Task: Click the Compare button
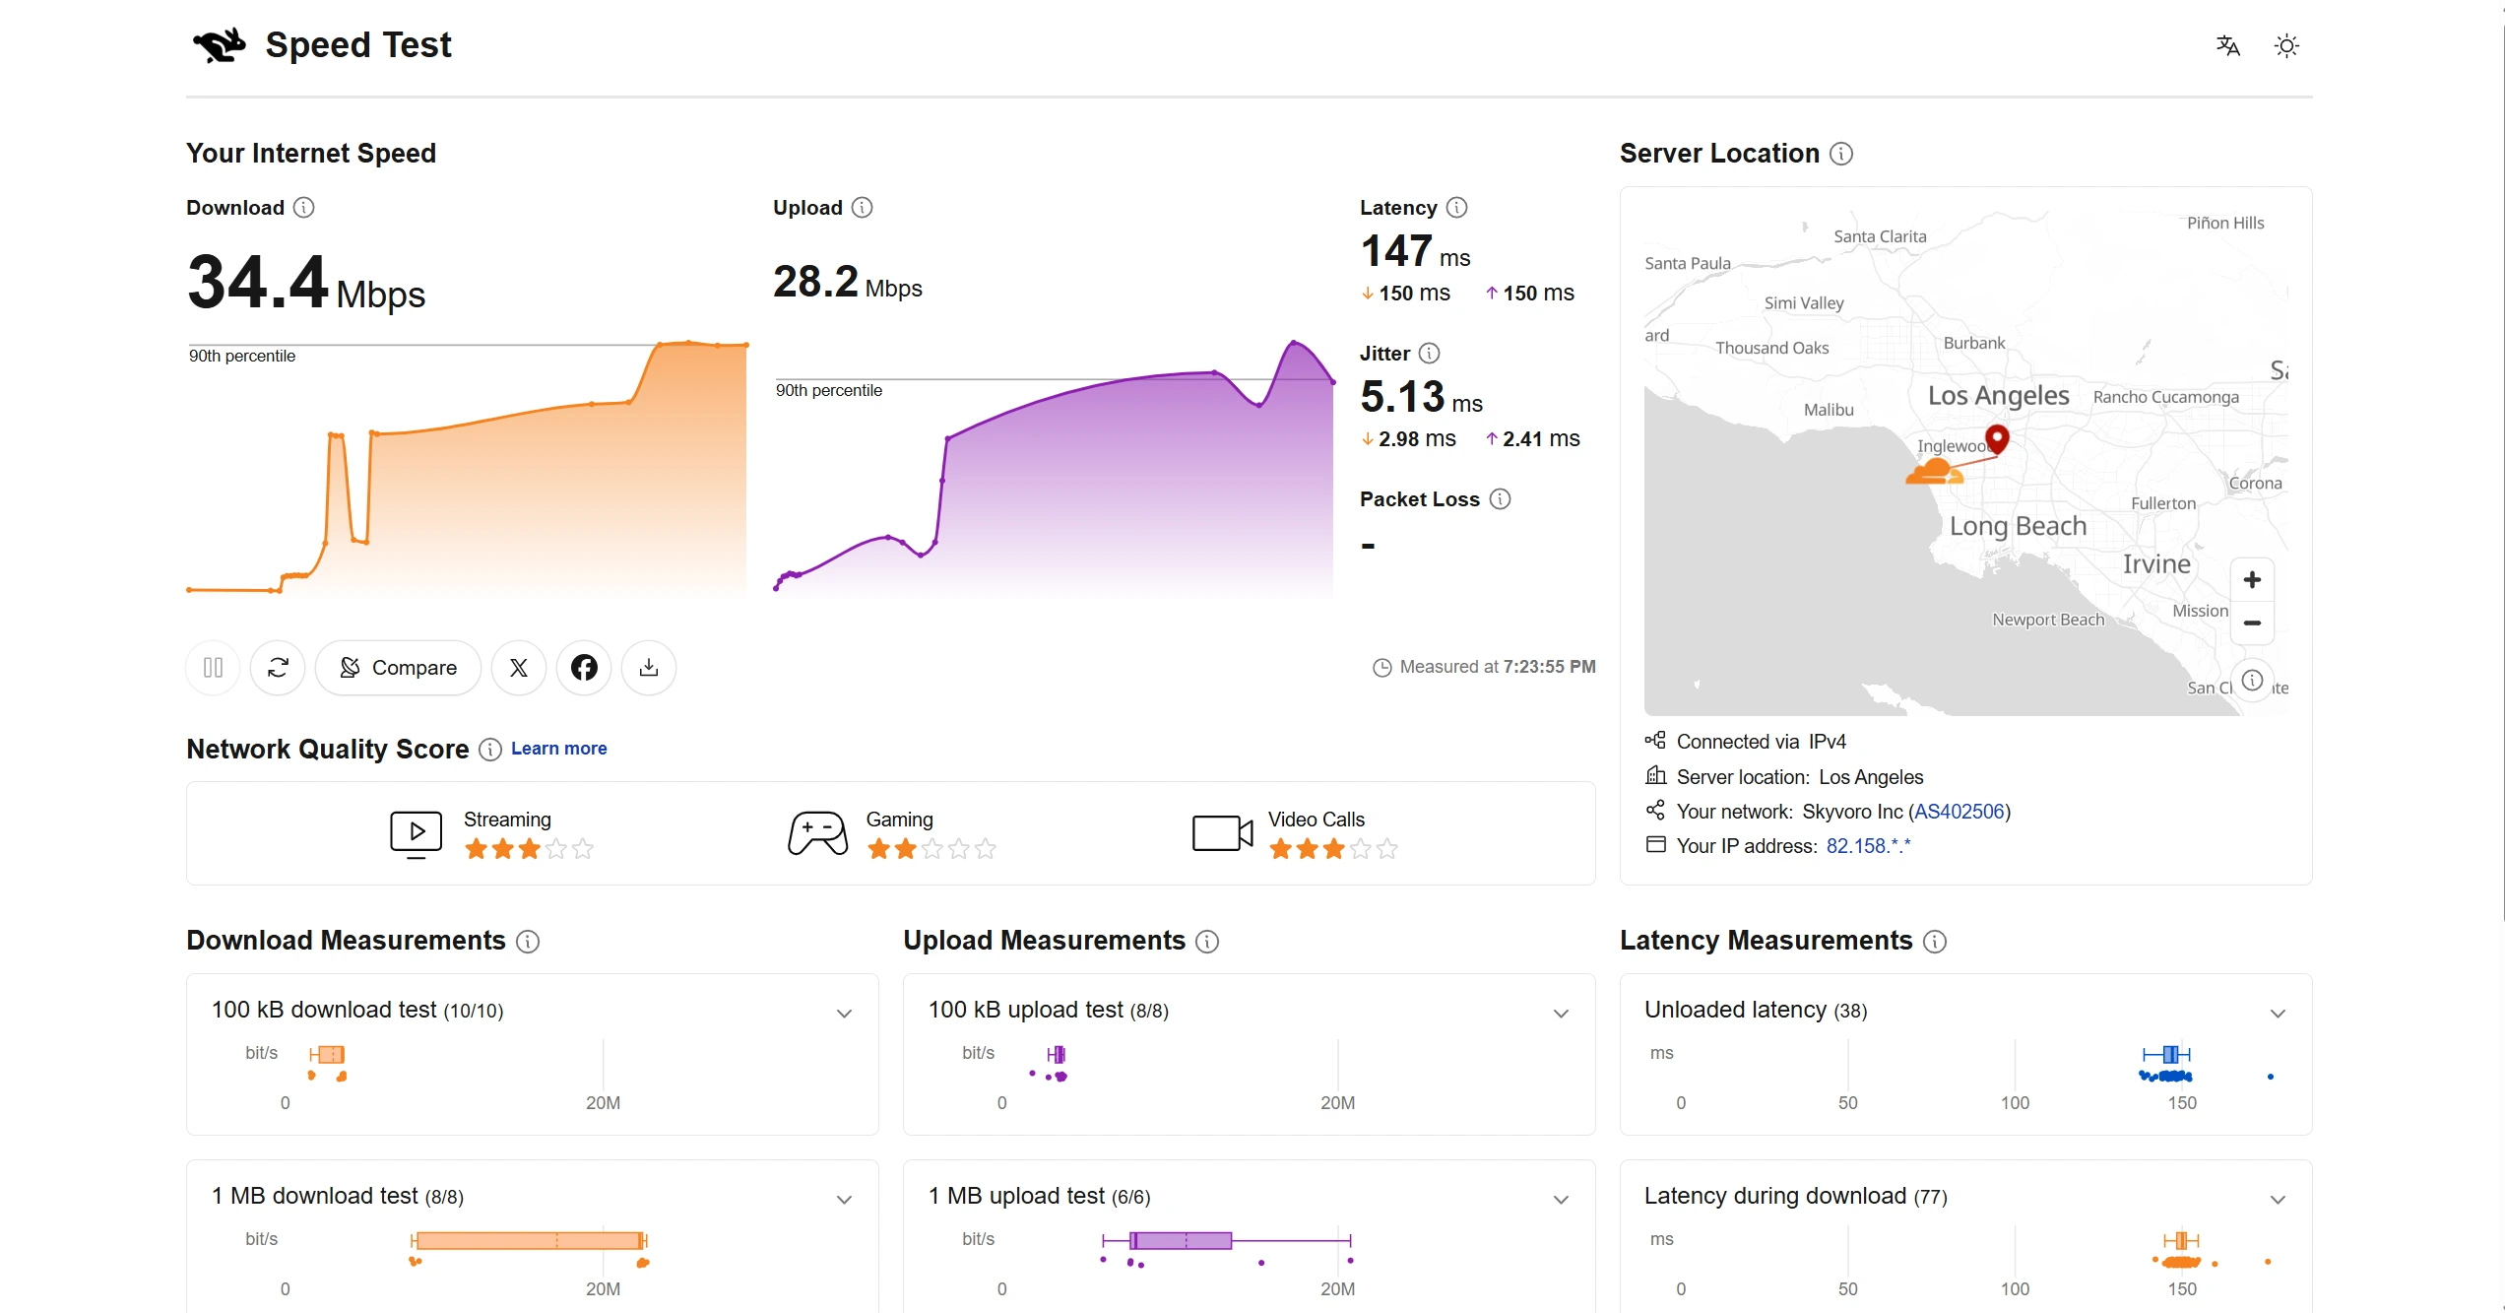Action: tap(398, 668)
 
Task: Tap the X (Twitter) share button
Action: tap(519, 668)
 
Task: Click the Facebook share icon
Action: tap(584, 668)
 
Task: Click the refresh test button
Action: tap(278, 668)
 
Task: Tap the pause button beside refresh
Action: tap(213, 668)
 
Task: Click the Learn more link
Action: tap(558, 749)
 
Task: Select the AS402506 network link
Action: tap(1959, 812)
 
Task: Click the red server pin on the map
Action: tap(1997, 438)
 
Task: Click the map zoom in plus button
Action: tap(2252, 580)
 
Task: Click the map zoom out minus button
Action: tap(2252, 624)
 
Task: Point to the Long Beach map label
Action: tap(2018, 526)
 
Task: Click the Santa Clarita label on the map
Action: tap(1880, 236)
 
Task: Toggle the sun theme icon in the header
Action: tap(2286, 46)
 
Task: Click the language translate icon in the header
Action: tap(2228, 46)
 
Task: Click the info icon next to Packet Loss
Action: tap(1500, 499)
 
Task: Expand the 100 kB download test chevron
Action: tap(844, 1014)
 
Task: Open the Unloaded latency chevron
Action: tap(2278, 1014)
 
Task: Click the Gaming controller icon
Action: tap(817, 833)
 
